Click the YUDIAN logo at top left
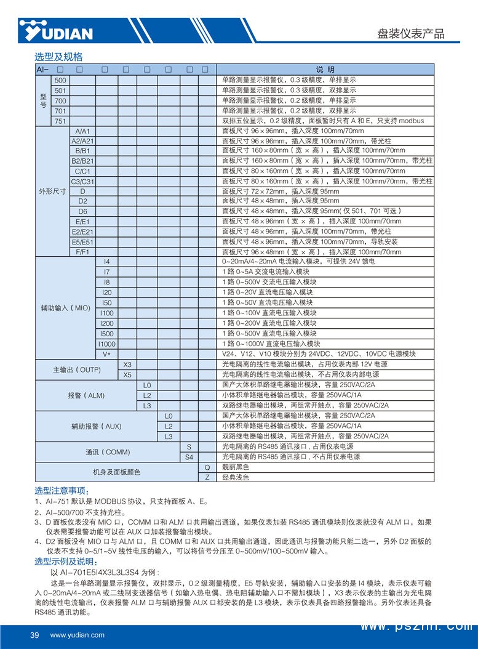point(55,31)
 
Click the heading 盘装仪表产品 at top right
point(410,34)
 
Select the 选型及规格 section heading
point(58,57)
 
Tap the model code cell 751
point(60,121)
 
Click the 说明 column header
point(325,69)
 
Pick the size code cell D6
point(82,211)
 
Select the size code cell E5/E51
point(82,241)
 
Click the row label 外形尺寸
point(52,191)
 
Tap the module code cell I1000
point(106,344)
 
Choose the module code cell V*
point(106,354)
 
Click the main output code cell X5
point(127,374)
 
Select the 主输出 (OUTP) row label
point(76,369)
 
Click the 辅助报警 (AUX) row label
point(97,425)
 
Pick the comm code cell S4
point(189,457)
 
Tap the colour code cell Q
point(207,467)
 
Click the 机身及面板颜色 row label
point(117,472)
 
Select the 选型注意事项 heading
point(62,491)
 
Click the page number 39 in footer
point(34,635)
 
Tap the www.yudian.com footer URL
point(77,635)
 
